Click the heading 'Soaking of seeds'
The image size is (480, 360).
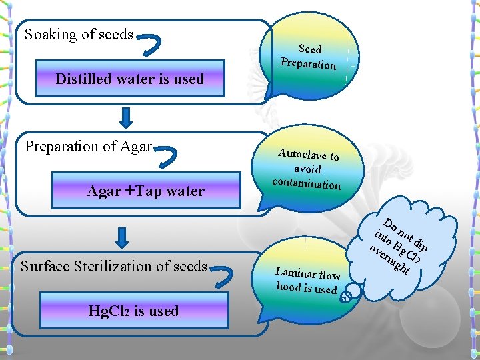tap(79, 35)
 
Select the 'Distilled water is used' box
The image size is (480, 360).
tap(130, 79)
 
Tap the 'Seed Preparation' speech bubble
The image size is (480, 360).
tap(308, 57)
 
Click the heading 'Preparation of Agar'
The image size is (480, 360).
tap(89, 147)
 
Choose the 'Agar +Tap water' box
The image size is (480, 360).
tap(145, 191)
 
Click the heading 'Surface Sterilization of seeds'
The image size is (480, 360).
tap(114, 267)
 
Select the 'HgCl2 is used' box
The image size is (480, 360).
tap(133, 311)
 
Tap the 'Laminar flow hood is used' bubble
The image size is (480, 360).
tap(307, 280)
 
